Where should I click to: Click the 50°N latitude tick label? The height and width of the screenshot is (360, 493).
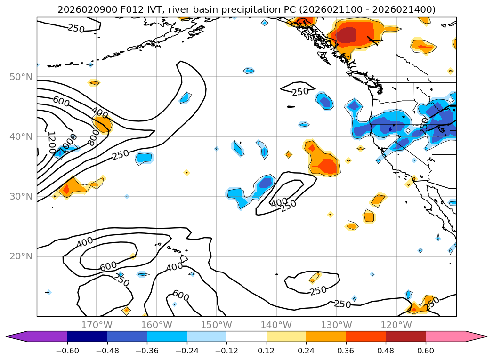coord(21,77)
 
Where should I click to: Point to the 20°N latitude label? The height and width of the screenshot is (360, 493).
coord(21,256)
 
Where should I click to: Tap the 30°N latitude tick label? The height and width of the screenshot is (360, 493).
coord(21,197)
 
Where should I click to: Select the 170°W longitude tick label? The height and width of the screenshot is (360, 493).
coord(97,325)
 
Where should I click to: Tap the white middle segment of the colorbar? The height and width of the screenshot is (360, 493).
coord(246,336)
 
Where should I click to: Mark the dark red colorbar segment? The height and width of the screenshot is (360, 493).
coord(405,336)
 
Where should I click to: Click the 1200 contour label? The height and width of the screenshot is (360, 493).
coord(51,143)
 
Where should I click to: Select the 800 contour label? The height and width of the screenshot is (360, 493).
coord(93,137)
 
